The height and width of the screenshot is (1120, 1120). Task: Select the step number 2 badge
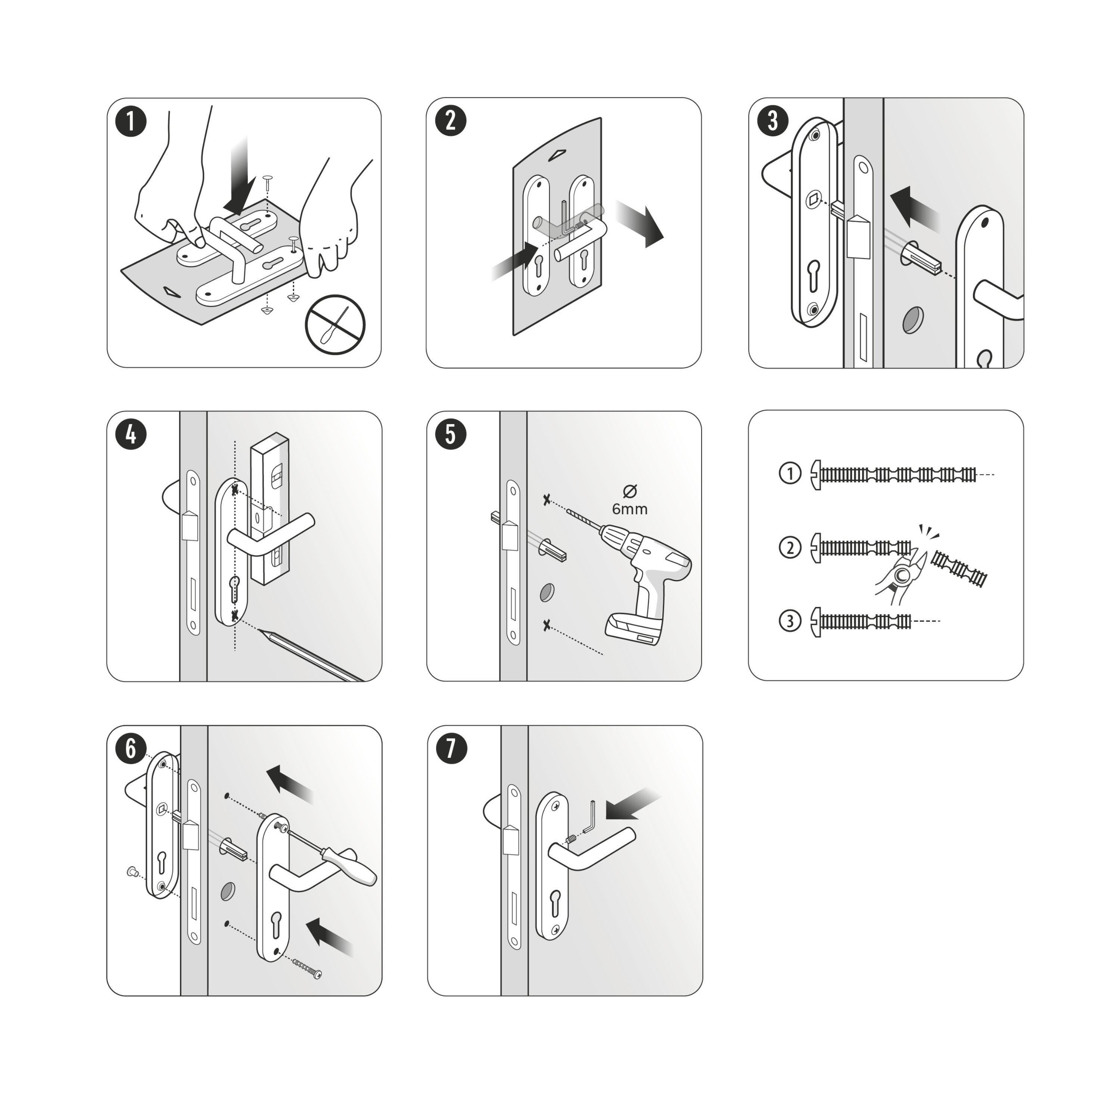click(451, 122)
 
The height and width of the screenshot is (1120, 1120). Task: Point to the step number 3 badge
click(772, 122)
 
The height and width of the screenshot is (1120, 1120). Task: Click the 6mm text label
click(629, 509)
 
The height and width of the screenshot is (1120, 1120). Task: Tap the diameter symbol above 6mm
click(629, 491)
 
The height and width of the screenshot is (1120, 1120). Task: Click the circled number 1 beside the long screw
click(790, 474)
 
